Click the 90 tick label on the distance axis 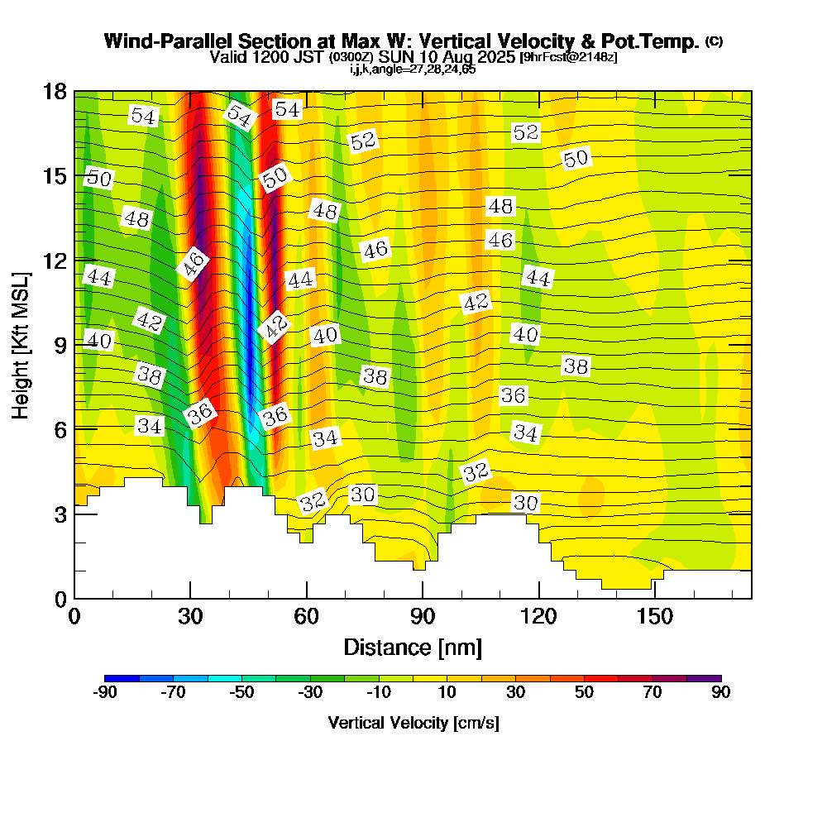coord(423,617)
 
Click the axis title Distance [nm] coord(413,647)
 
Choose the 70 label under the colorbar coord(653,693)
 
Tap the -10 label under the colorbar coord(377,693)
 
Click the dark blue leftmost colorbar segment coord(122,678)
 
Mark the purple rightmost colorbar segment coord(705,678)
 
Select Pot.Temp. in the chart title coord(657,41)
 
